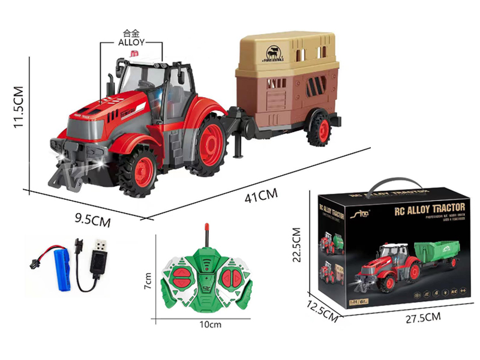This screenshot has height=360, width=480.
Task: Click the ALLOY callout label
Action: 131,43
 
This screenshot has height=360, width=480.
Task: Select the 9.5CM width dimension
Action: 92,220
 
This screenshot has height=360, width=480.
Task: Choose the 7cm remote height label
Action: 149,280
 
